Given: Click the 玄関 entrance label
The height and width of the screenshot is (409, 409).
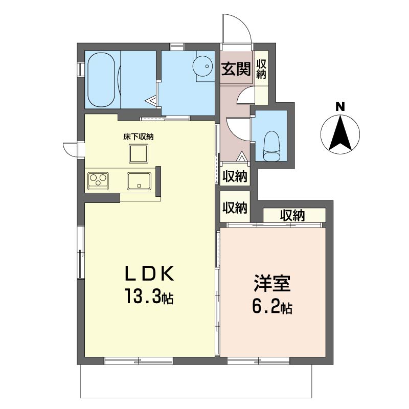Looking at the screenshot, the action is click(x=236, y=69).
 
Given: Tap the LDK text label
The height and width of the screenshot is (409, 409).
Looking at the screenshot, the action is click(x=149, y=273).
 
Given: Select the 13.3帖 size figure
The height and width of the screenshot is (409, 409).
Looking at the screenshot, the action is click(x=149, y=296).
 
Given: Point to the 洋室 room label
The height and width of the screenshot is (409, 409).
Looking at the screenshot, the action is click(x=272, y=283).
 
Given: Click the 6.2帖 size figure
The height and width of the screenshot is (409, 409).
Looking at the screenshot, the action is click(x=272, y=306).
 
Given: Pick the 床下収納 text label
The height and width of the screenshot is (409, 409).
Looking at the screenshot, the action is click(x=138, y=137).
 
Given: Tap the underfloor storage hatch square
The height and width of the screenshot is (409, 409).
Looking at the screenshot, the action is click(x=138, y=154).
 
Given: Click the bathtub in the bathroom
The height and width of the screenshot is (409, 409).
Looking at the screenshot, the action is click(x=101, y=80).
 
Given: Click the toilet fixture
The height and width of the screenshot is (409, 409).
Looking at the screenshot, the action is click(x=271, y=146).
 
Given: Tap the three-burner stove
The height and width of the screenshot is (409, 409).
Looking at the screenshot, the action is click(x=98, y=181).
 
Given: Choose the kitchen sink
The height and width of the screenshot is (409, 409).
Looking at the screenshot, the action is click(x=139, y=181).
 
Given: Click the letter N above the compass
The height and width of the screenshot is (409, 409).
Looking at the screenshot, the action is click(x=340, y=106).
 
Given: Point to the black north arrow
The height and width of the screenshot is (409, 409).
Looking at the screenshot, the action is click(x=340, y=133).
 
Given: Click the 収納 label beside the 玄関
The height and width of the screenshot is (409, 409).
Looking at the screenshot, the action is click(x=261, y=69).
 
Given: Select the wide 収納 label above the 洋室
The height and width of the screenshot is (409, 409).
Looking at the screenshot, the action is click(x=292, y=215).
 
